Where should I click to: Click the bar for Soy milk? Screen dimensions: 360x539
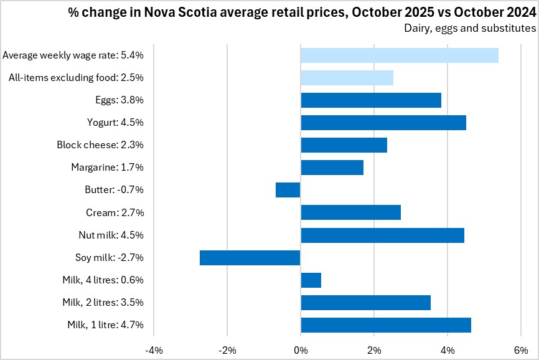(250, 258)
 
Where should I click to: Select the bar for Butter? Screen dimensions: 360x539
(288, 190)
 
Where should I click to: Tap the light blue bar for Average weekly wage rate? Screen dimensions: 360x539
(400, 55)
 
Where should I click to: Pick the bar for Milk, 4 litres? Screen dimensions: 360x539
(311, 280)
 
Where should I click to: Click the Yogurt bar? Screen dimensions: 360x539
(383, 123)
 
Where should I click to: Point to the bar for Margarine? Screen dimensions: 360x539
(332, 168)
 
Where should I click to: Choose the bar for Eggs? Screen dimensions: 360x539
(371, 100)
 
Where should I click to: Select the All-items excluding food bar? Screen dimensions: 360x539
(347, 78)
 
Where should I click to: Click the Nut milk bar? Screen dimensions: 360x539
(383, 235)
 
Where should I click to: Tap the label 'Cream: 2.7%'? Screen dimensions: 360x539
(115, 213)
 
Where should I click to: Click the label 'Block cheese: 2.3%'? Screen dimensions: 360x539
(100, 145)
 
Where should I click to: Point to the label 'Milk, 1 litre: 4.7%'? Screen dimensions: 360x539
(105, 325)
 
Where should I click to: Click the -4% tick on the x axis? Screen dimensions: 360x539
(154, 349)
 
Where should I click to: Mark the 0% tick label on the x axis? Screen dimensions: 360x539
(301, 349)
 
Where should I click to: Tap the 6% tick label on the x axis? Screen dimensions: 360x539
(521, 349)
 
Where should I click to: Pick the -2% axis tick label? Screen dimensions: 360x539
(227, 349)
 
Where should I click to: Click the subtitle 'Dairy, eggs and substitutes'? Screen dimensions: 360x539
(470, 28)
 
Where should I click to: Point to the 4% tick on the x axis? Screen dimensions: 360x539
(448, 349)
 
